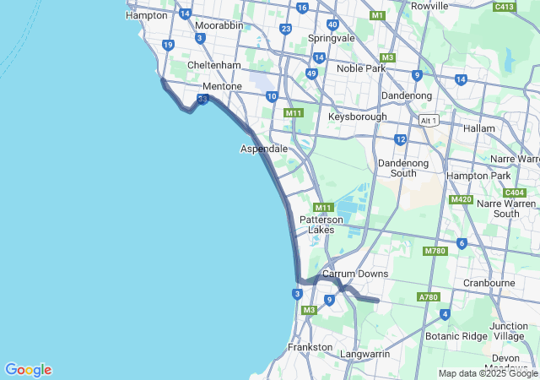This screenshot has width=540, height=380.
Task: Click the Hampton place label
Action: click(x=146, y=15)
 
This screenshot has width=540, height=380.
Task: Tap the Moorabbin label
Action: click(x=219, y=25)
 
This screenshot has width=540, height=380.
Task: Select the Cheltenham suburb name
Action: click(x=213, y=65)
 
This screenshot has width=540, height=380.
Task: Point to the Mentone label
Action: click(x=223, y=87)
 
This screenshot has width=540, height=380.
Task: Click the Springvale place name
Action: click(x=332, y=39)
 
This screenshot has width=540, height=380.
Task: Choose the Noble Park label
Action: click(x=360, y=68)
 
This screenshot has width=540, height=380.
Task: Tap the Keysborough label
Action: click(x=358, y=117)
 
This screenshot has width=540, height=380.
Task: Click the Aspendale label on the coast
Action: click(x=264, y=149)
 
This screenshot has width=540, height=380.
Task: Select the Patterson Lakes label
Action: click(x=321, y=224)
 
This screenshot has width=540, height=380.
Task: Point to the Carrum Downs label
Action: click(x=355, y=274)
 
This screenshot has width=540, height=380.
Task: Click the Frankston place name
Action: click(x=310, y=347)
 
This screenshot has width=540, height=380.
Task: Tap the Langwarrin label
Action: click(x=364, y=354)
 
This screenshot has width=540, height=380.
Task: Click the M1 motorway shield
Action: click(x=377, y=15)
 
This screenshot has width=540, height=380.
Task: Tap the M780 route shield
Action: click(x=435, y=251)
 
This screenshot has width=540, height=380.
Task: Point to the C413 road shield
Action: click(x=505, y=7)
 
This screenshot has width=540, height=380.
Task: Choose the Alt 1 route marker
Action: click(x=429, y=121)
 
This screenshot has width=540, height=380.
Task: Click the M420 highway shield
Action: click(x=461, y=199)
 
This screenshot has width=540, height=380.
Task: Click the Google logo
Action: click(x=28, y=370)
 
